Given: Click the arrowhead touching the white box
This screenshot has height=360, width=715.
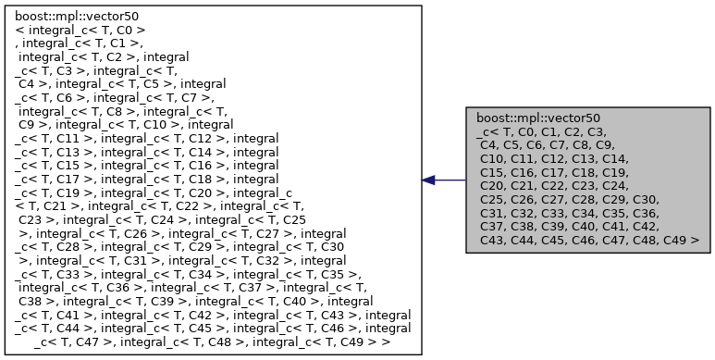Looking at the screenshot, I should tap(429, 180).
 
